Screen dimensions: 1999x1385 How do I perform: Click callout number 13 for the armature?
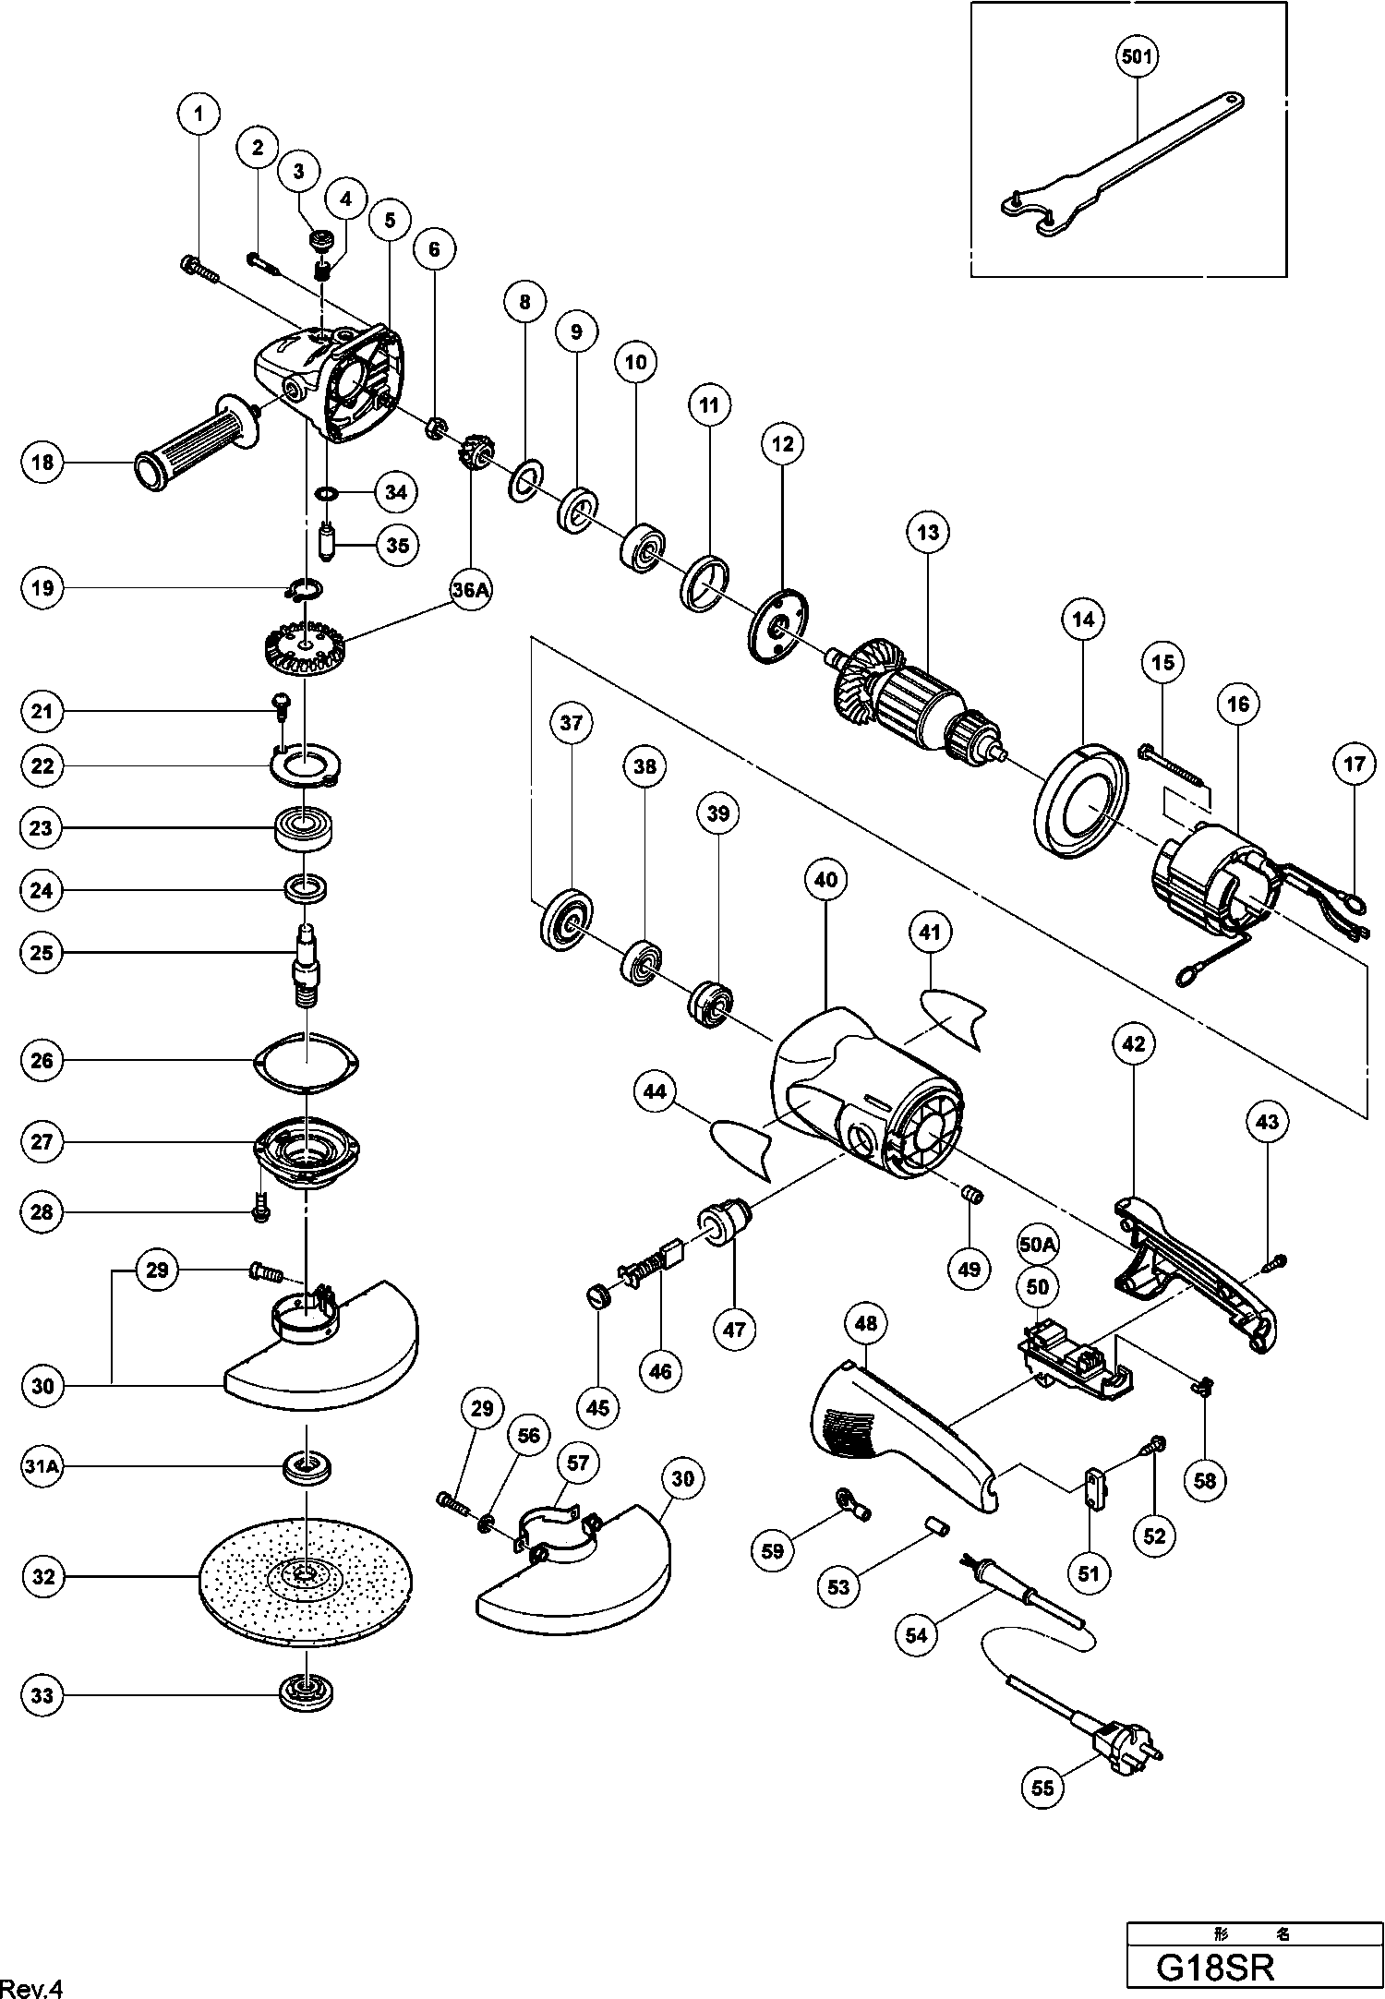928,533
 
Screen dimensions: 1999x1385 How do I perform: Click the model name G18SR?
1216,1967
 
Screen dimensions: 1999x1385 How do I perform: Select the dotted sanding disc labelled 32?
306,1578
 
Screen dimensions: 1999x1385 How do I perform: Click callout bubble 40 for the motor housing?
825,880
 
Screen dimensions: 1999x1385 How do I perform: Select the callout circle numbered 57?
578,1463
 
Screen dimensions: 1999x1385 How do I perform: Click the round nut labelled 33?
306,1694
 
